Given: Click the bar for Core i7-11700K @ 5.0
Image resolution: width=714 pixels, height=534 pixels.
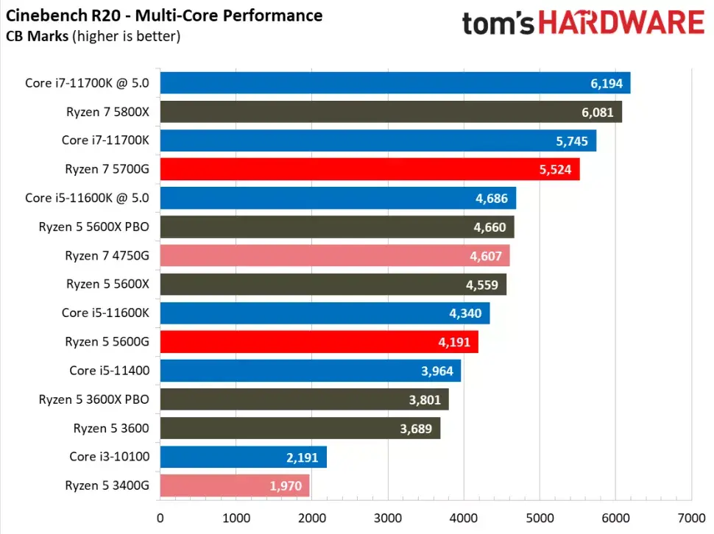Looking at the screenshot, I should (395, 83).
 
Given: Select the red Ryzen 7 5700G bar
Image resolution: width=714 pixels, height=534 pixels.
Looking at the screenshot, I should (370, 169).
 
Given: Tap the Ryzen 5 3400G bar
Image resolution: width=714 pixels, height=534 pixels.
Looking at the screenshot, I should (234, 485).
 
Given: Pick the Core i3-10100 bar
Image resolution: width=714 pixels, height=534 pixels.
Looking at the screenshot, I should (243, 457).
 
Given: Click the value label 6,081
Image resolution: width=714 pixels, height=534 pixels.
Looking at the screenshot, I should (597, 112).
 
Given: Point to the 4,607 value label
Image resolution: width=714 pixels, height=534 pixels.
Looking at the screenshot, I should (485, 256).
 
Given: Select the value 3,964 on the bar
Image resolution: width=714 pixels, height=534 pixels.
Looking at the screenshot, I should (436, 371).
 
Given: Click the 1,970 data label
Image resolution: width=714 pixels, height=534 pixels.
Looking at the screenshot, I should (286, 485).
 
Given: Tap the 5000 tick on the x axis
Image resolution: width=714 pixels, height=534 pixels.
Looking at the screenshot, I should (540, 516).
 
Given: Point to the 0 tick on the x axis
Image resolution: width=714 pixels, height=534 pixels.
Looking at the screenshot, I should (160, 516).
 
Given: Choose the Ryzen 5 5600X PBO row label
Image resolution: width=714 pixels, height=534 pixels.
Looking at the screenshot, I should (94, 227).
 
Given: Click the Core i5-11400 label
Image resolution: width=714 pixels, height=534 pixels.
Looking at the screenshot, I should (109, 371).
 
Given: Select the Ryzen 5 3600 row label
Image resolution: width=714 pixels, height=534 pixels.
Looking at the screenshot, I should (111, 428).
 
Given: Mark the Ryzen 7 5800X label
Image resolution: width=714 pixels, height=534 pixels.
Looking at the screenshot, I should (107, 112).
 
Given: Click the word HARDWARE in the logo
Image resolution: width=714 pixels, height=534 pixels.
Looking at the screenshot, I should (620, 23).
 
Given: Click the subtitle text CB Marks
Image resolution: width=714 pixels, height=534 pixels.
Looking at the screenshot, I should (38, 35).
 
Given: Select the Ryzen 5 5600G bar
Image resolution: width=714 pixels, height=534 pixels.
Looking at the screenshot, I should (319, 342).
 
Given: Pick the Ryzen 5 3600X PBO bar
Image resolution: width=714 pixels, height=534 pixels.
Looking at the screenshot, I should (304, 399).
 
